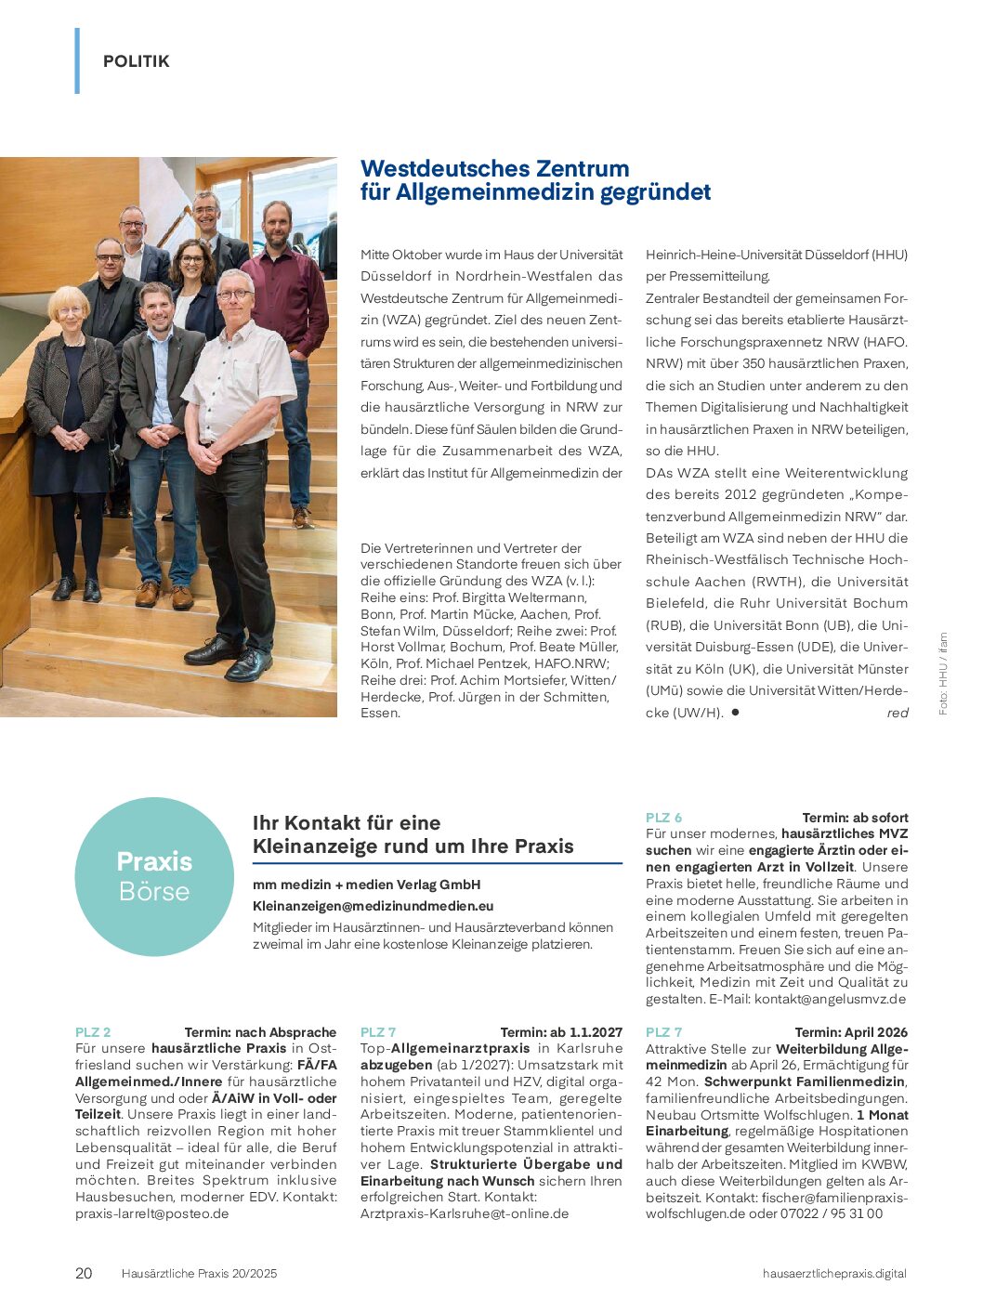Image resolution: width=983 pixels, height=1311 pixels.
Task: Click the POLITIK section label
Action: (x=136, y=61)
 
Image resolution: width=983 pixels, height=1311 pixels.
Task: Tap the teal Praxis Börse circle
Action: (x=154, y=876)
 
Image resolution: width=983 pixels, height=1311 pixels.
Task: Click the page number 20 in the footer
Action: (x=84, y=1273)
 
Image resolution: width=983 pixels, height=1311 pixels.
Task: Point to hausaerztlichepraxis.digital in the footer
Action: (x=833, y=1273)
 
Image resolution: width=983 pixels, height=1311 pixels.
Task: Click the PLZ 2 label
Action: (x=93, y=1032)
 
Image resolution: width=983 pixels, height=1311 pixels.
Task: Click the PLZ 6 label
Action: (x=663, y=818)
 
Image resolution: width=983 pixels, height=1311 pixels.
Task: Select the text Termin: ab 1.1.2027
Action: (x=561, y=1032)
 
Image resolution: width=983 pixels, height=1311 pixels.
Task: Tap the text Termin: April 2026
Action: (x=851, y=1032)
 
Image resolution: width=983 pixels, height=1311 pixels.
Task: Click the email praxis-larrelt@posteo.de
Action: (x=151, y=1213)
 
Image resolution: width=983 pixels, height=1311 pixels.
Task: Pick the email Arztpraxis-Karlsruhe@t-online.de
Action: (x=465, y=1213)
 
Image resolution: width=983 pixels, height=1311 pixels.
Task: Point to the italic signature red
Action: (x=897, y=713)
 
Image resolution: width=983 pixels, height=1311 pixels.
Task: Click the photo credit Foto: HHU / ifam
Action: (x=943, y=674)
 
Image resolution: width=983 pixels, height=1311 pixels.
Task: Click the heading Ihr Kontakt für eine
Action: (x=347, y=822)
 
